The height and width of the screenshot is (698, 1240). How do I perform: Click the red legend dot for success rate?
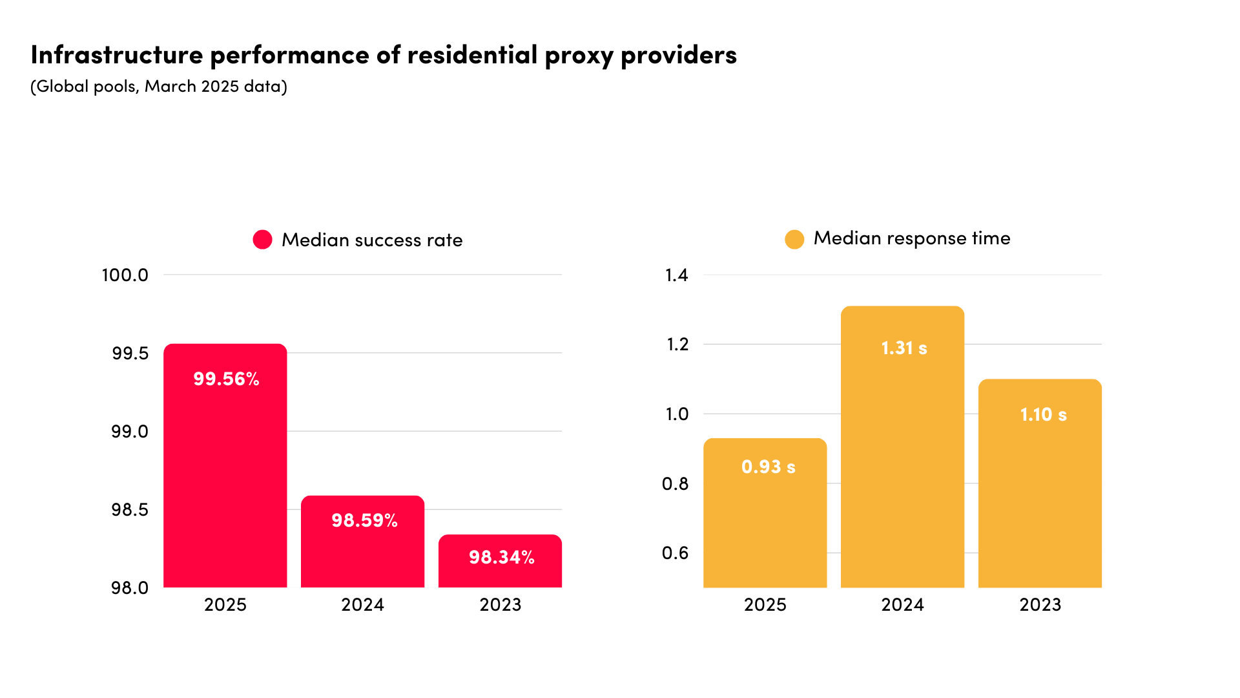(x=262, y=240)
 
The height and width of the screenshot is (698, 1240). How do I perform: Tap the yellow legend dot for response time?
(x=794, y=239)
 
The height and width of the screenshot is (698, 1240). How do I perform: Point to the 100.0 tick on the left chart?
(x=125, y=275)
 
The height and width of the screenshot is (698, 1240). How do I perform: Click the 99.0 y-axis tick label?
(x=130, y=432)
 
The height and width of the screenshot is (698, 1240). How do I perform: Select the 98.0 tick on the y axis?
(x=130, y=588)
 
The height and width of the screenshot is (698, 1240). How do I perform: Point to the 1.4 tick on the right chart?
(x=677, y=275)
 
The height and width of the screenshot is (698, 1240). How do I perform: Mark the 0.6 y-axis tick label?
(x=676, y=553)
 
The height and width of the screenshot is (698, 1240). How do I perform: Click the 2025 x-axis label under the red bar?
(x=225, y=605)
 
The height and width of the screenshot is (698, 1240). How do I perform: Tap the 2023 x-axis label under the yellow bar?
(x=1040, y=605)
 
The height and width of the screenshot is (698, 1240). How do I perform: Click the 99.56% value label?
(x=226, y=379)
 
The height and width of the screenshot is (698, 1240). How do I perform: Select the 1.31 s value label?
(x=904, y=348)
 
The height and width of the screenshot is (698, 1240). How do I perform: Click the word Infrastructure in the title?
(x=117, y=55)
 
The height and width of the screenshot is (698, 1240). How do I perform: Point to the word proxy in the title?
(x=579, y=56)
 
